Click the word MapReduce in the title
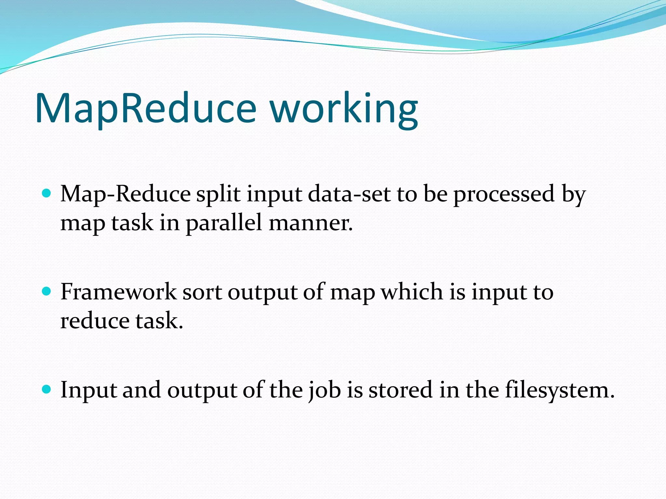146,109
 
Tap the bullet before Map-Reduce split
47,194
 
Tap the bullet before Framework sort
47,291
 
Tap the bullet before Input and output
47,389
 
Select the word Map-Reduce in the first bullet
126,194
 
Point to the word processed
504,194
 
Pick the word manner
311,224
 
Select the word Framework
118,292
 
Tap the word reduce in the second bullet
95,321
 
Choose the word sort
202,292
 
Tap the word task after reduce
159,321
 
